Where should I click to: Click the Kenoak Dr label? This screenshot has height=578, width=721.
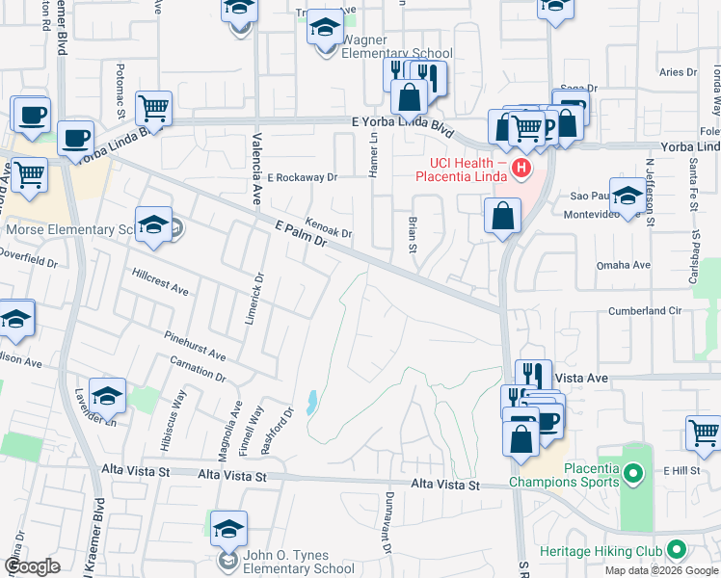(329, 227)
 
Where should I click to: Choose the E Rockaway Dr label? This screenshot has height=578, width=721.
(303, 177)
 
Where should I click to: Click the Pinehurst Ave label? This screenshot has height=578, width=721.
(194, 347)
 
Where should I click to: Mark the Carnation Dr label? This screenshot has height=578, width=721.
(197, 371)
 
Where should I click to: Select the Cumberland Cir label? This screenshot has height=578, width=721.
(644, 311)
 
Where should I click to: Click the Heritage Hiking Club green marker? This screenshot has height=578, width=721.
(676, 551)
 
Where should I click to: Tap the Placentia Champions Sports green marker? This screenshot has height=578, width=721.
(632, 474)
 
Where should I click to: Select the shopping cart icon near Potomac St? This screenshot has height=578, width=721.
(154, 108)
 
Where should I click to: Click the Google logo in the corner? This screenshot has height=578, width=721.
(32, 566)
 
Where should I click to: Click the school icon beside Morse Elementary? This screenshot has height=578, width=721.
(153, 225)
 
